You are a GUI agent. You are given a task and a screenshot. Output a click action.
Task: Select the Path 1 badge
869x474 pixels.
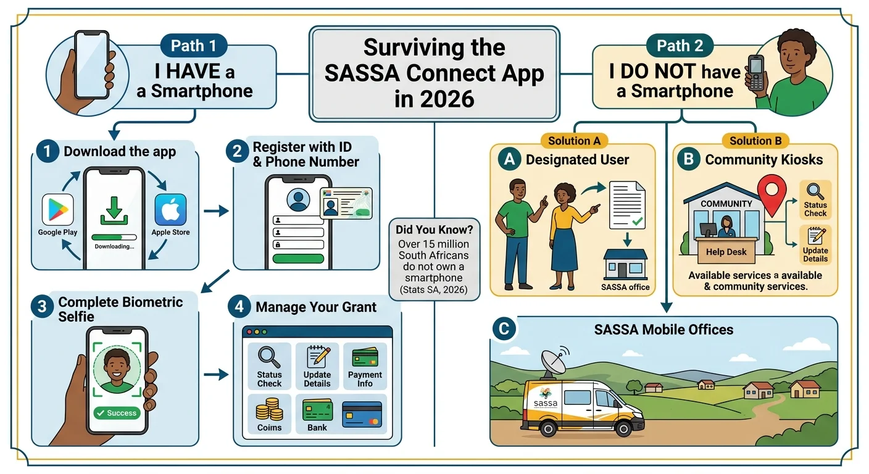click(194, 46)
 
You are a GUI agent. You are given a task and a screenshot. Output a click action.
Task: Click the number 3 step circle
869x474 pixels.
click(42, 307)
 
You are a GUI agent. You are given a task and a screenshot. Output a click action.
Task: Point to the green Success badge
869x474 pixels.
click(117, 413)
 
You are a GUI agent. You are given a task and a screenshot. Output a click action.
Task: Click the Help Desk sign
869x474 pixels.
click(726, 252)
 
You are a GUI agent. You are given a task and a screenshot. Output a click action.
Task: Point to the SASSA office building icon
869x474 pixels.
click(625, 264)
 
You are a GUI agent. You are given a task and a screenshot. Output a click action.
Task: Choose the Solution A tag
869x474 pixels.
click(574, 141)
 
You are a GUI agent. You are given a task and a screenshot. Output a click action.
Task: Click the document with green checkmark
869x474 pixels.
click(626, 206)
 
